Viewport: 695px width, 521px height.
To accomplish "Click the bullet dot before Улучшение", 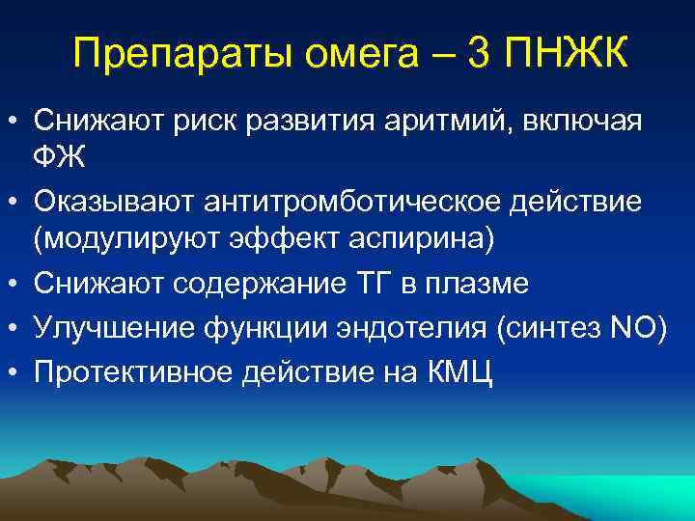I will pyautogui.click(x=14, y=330).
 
